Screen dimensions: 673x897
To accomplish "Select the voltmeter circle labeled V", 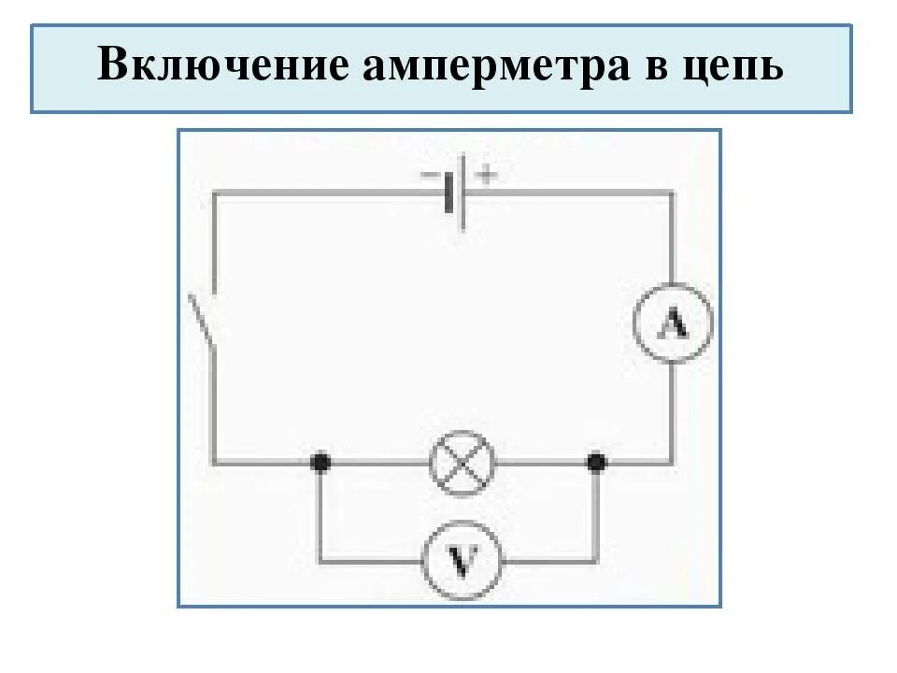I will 462,561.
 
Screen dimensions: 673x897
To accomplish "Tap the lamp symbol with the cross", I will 462,462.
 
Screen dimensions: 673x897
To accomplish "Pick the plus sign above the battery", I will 486,174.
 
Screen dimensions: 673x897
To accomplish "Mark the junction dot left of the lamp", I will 320,462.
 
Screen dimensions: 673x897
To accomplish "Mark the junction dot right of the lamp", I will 595,462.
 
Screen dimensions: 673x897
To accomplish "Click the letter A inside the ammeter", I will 673,325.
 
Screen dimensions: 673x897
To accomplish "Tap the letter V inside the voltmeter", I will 462,561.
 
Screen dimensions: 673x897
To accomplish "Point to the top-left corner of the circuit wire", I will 215,193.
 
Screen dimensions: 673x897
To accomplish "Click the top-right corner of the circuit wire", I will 672,193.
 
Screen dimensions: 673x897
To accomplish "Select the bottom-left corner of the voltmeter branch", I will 320,561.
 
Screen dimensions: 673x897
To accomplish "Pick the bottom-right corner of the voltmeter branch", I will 595,561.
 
